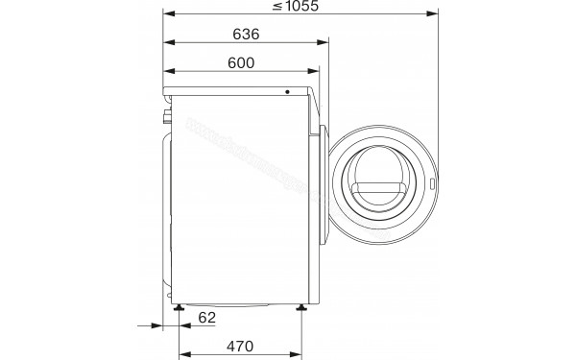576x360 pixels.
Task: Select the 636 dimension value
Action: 247,35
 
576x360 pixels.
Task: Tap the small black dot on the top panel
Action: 286,92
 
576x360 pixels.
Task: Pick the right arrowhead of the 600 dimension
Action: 315,71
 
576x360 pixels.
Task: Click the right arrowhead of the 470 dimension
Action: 301,352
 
